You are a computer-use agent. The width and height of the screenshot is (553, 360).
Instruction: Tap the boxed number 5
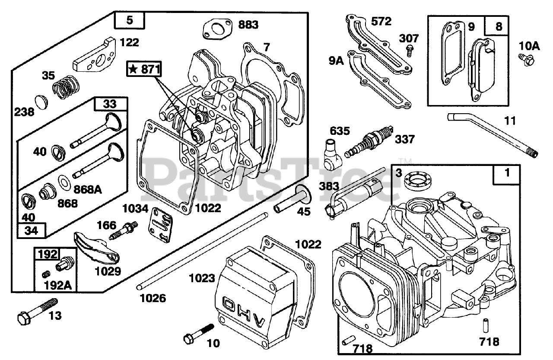[129, 20]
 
